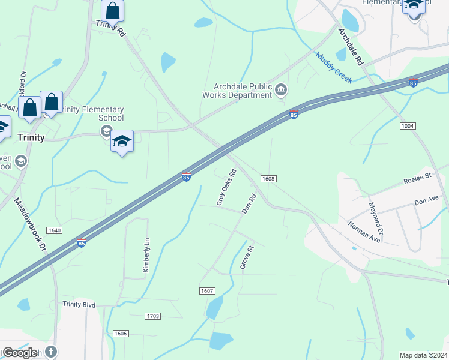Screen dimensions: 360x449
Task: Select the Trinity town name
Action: (31, 137)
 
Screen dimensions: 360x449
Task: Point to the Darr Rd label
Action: (249, 203)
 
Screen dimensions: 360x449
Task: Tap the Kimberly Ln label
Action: (145, 256)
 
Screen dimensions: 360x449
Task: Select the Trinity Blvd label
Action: (79, 305)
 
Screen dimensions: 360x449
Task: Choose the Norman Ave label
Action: (364, 231)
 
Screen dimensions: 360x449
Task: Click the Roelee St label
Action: (418, 178)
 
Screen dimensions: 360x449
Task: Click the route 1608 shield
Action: (268, 179)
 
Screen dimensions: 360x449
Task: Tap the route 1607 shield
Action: (206, 291)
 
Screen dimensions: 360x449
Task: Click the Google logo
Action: (19, 353)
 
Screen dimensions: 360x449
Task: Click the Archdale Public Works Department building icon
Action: (281, 91)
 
